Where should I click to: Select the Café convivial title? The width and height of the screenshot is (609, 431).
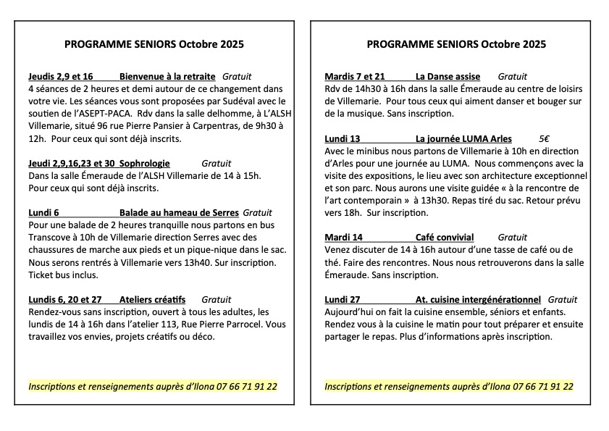pos(445,237)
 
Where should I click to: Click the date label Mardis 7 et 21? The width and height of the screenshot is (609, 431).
pos(355,76)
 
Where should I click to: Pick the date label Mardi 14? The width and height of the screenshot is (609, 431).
pos(344,237)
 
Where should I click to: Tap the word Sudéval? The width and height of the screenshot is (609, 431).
pos(227,101)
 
